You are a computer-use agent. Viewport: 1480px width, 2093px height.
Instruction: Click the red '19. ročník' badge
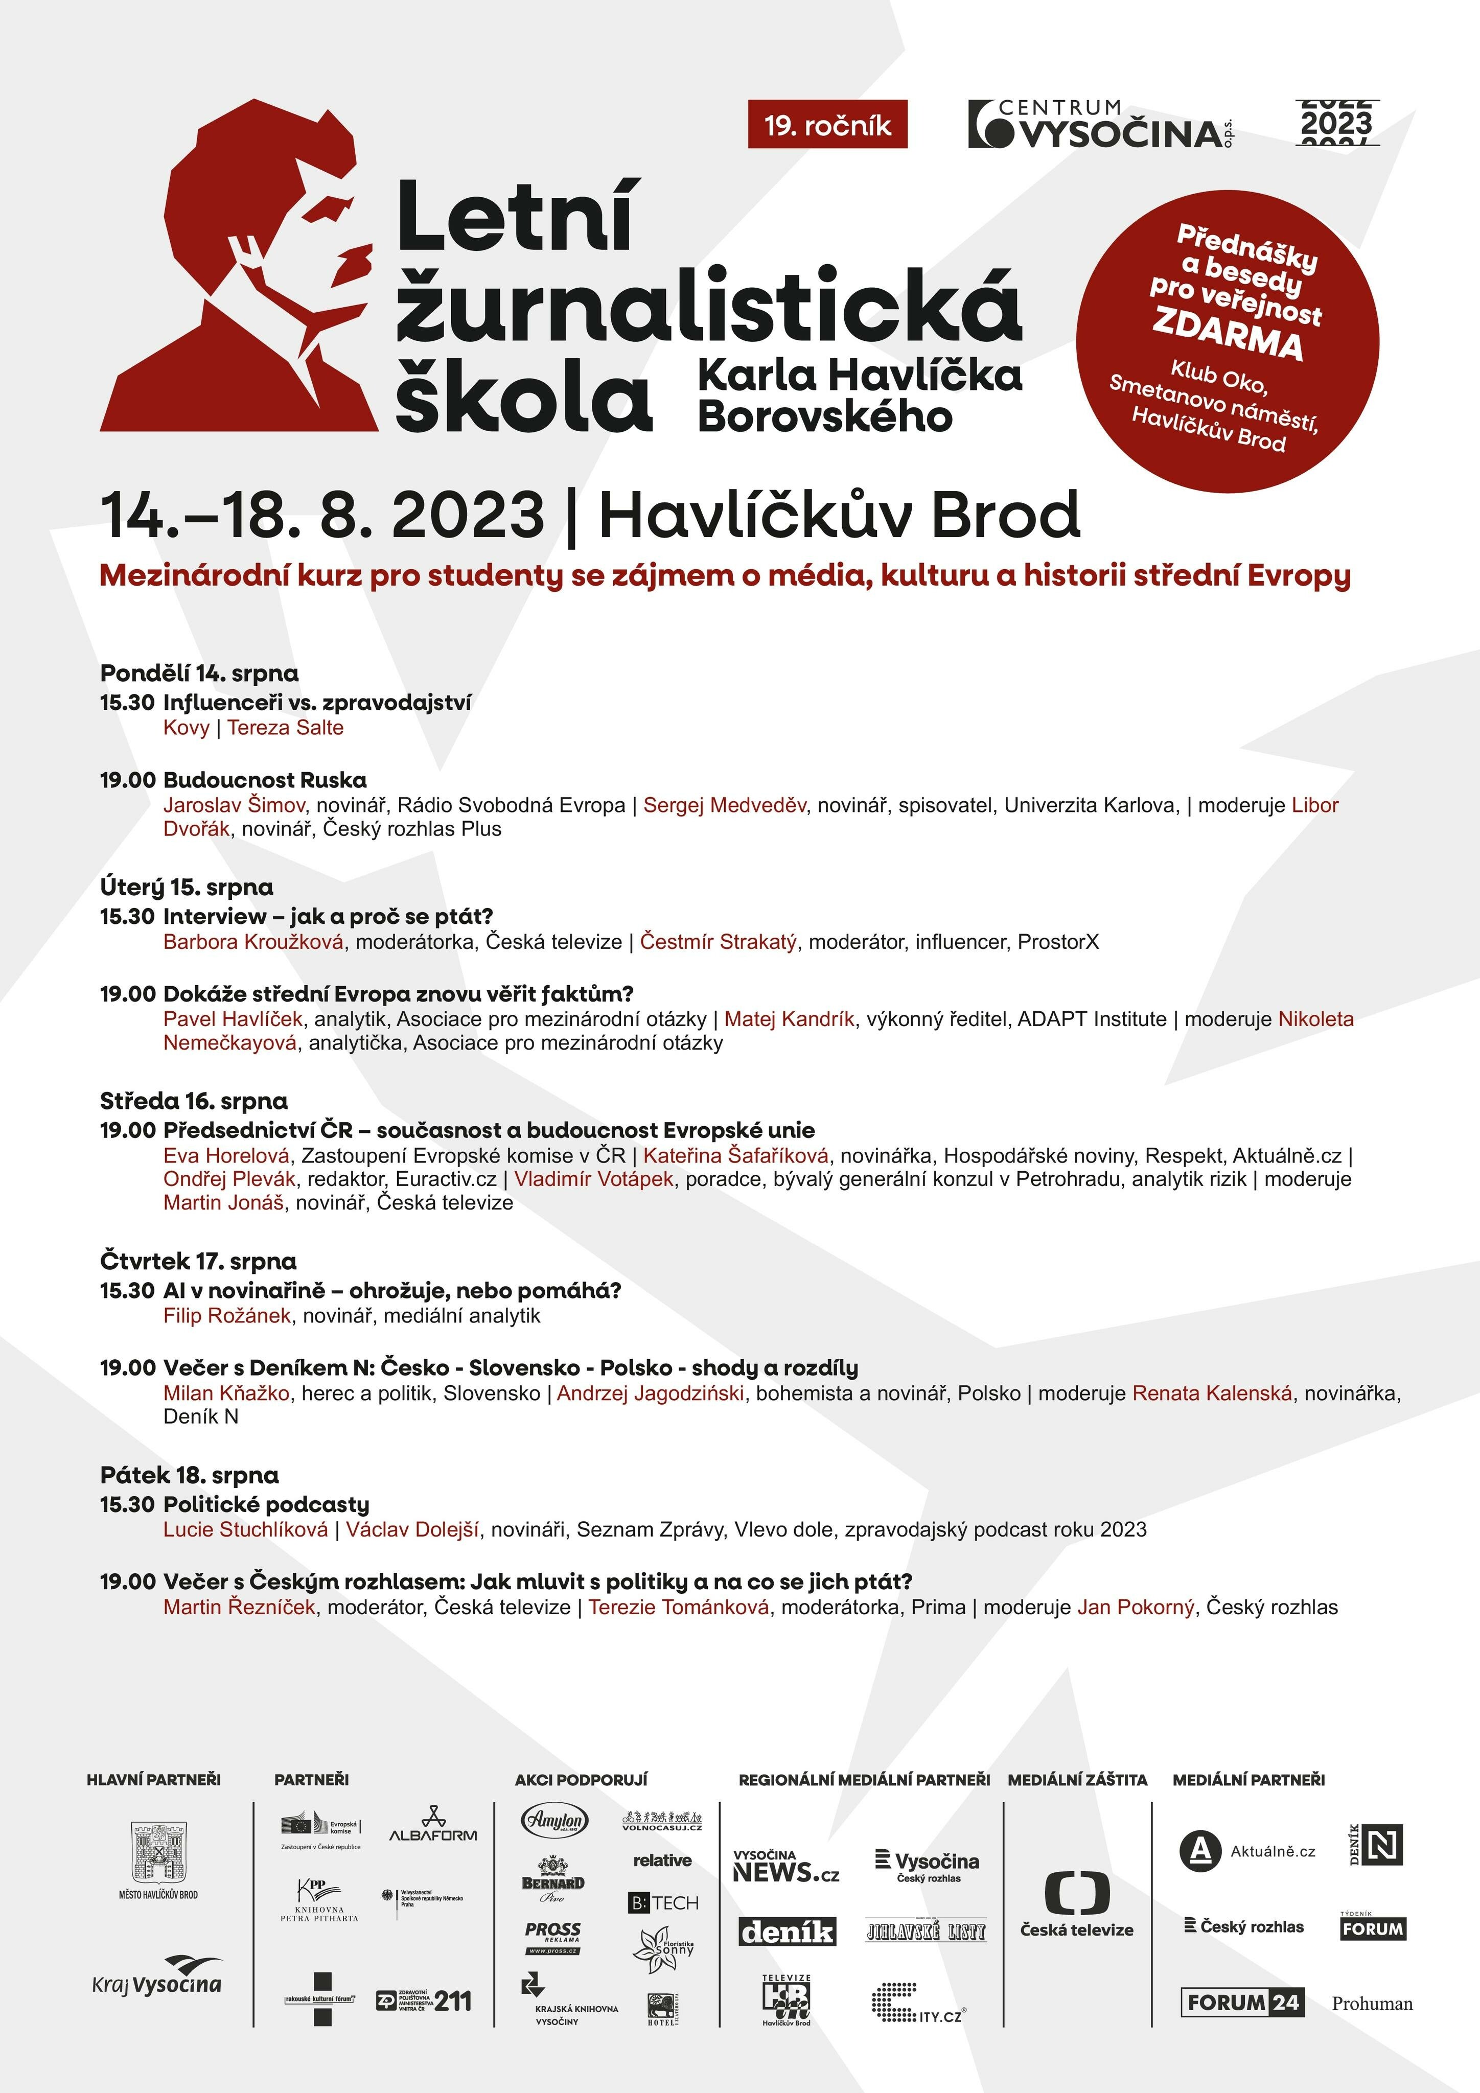[x=827, y=124]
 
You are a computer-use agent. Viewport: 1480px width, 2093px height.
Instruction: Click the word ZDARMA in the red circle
[x=1227, y=333]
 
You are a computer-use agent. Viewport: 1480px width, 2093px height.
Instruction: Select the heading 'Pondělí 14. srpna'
[x=199, y=673]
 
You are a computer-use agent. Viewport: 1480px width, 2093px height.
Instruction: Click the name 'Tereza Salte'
[x=286, y=728]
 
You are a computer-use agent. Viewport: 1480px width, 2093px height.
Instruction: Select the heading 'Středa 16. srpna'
[x=193, y=1101]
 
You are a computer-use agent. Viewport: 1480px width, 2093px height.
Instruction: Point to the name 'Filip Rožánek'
[x=227, y=1315]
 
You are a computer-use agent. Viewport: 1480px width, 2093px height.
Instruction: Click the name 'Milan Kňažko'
[x=226, y=1393]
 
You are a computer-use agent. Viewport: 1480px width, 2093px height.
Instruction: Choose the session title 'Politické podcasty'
[x=266, y=1504]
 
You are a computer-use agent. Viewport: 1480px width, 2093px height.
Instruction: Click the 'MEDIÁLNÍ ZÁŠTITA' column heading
[x=1077, y=1779]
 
